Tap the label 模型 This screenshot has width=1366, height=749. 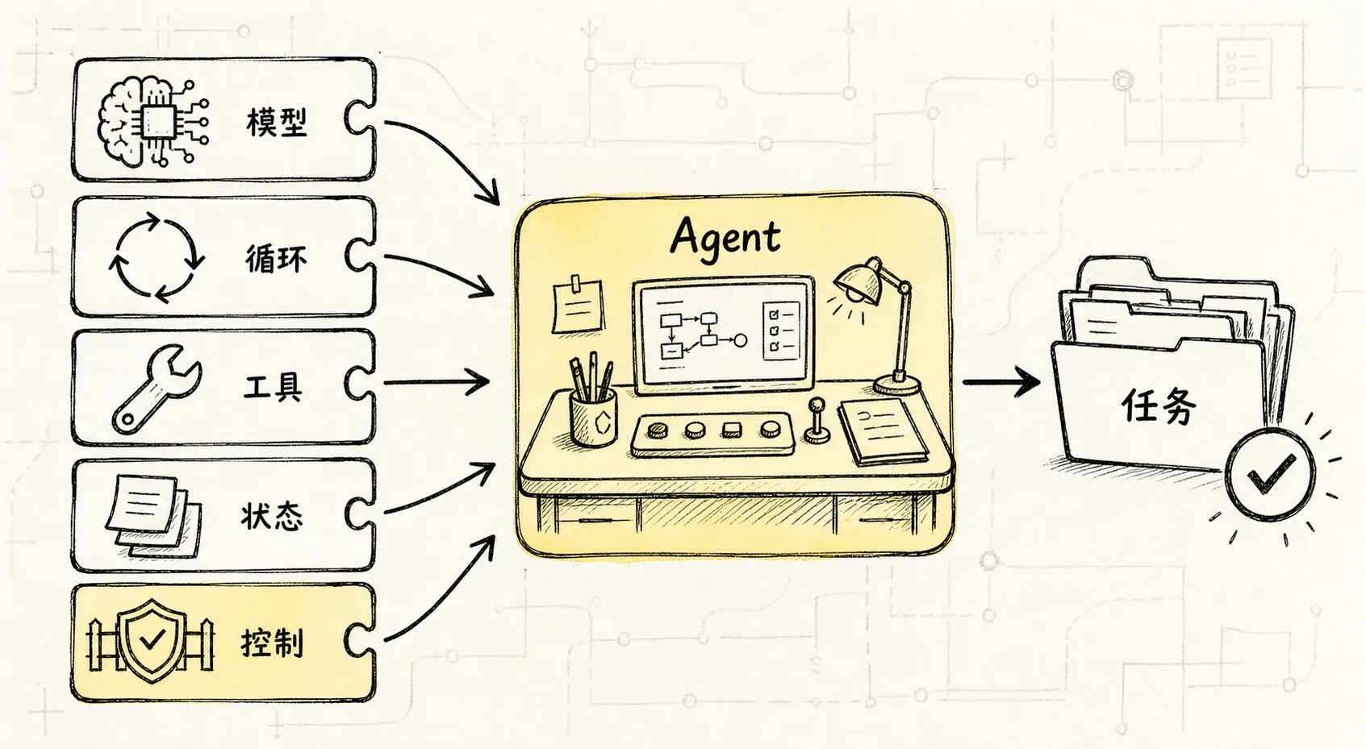(276, 122)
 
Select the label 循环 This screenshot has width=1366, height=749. (276, 259)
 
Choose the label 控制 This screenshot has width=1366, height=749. (273, 643)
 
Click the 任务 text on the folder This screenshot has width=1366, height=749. (1159, 405)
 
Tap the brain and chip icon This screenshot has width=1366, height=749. (153, 122)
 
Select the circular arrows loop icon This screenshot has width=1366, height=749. (156, 257)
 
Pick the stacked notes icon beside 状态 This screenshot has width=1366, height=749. (153, 516)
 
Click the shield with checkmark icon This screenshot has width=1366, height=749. (151, 640)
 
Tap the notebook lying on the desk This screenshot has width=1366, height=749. (883, 431)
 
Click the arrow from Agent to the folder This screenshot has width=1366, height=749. (1001, 383)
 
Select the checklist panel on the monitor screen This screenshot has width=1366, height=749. (781, 331)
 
